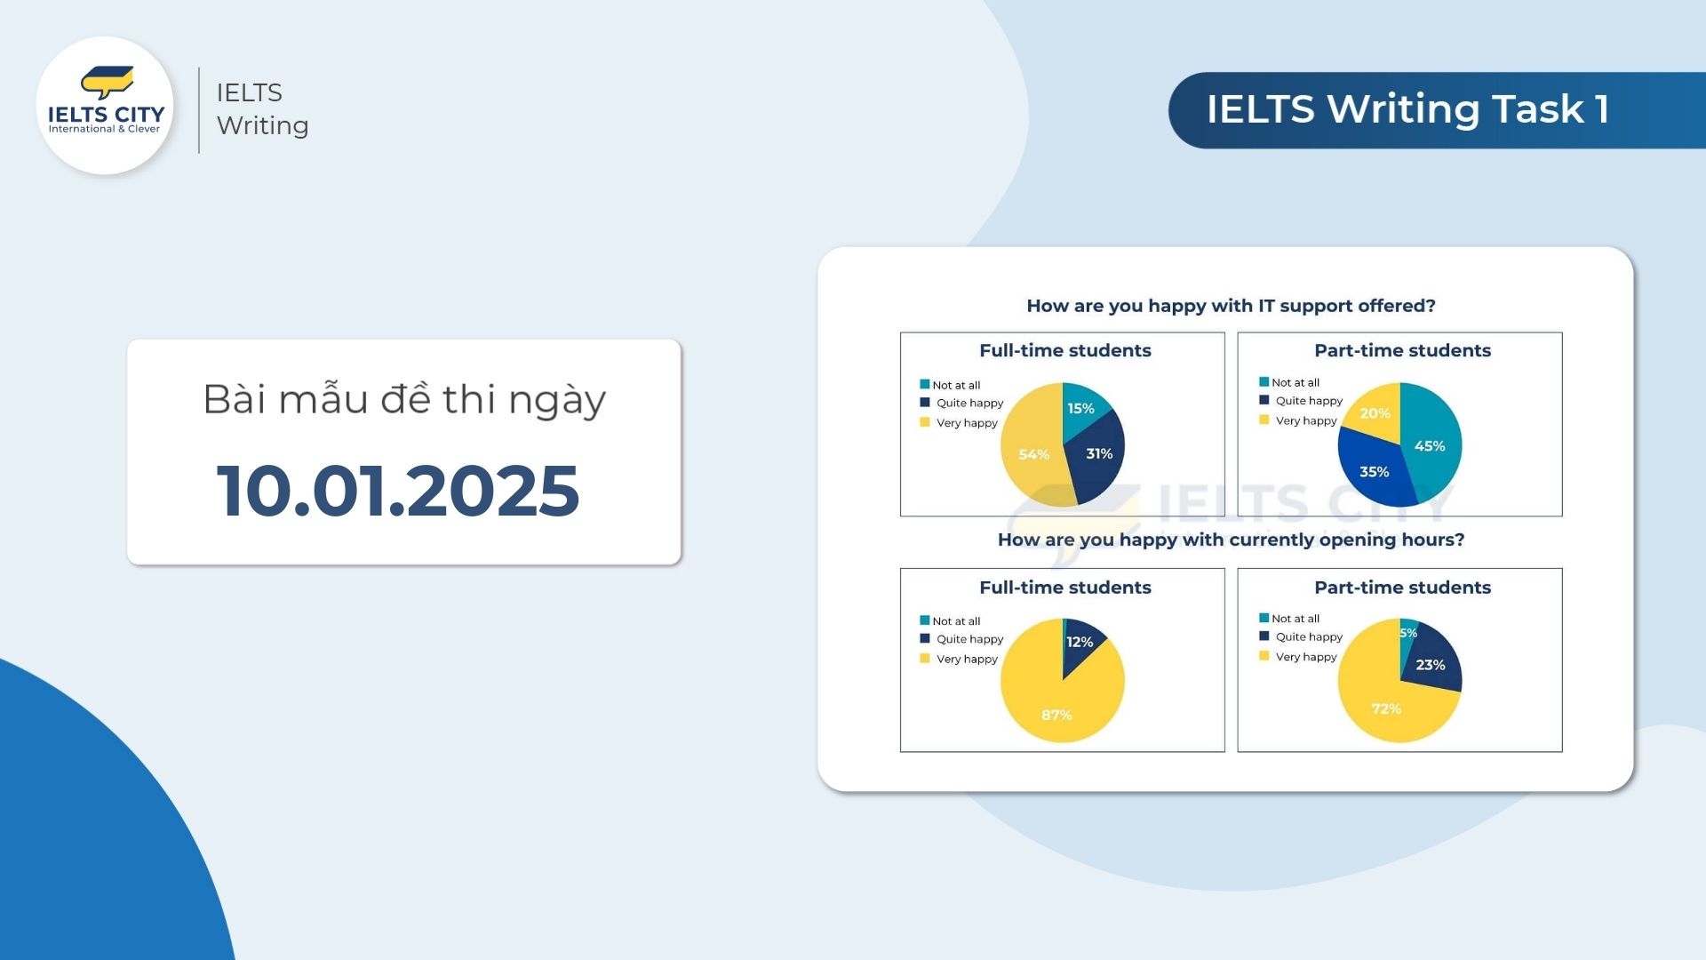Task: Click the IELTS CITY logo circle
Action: tap(105, 105)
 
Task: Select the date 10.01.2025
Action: tap(398, 490)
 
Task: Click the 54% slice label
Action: tap(1033, 454)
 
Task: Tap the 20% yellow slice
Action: tap(1376, 412)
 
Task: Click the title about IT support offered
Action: tap(1231, 306)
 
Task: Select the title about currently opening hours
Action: tap(1231, 540)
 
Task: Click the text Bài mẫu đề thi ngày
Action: tap(404, 400)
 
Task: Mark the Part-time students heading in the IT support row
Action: tap(1402, 350)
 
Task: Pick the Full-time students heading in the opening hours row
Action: tap(1064, 588)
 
